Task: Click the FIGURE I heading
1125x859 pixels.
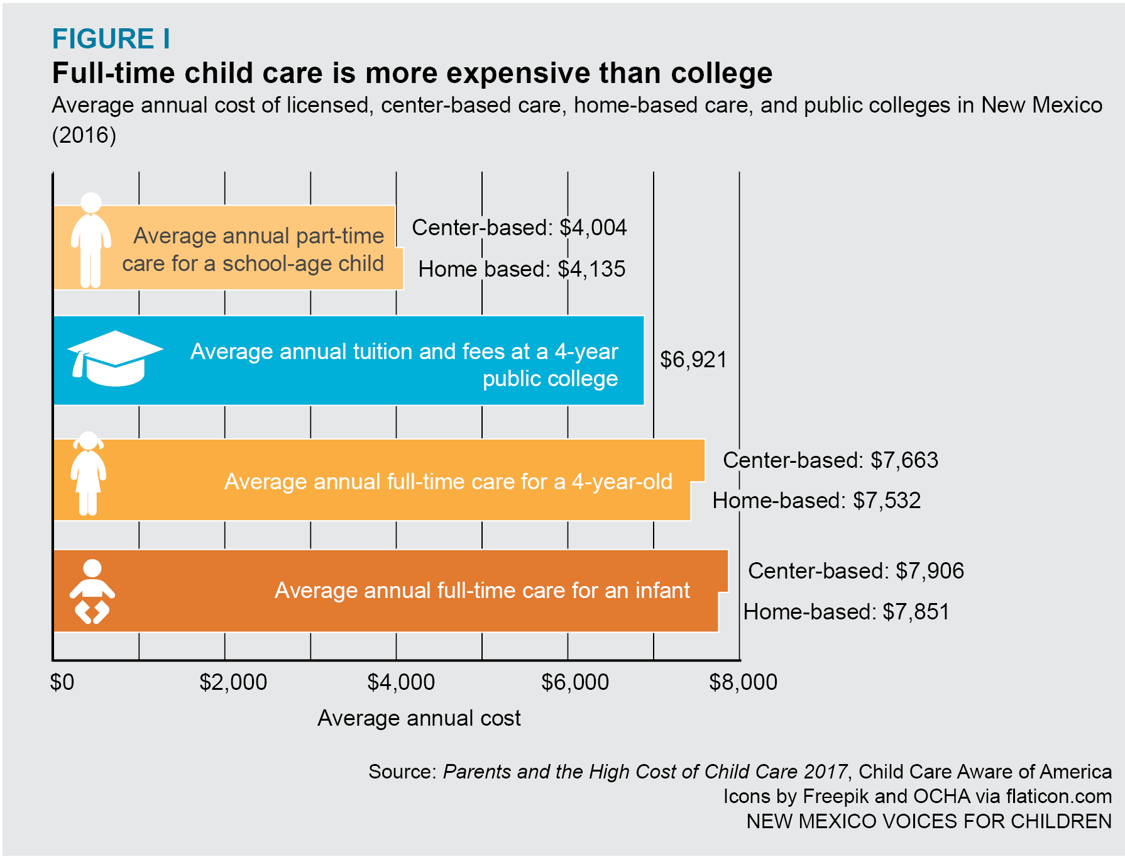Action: point(111,39)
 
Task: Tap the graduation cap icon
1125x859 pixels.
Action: point(114,358)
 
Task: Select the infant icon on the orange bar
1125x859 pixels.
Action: point(92,591)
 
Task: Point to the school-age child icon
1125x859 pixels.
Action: point(91,240)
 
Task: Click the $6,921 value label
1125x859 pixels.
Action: point(693,360)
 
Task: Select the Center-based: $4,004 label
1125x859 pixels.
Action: point(519,228)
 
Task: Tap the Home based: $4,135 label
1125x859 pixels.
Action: point(522,269)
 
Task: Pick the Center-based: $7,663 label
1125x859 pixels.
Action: point(830,460)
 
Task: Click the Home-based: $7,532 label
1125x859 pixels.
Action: point(816,501)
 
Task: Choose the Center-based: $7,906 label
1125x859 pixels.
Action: point(855,571)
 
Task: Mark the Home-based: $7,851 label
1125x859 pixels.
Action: point(846,612)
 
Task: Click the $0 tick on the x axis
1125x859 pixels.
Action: point(62,682)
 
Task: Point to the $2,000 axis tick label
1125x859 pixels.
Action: point(233,682)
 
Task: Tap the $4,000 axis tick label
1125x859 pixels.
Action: point(401,682)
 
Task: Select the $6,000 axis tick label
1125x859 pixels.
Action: point(575,682)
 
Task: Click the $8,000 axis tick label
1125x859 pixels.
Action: point(743,682)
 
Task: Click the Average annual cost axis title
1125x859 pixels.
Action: point(419,718)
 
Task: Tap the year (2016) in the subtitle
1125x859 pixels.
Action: point(84,135)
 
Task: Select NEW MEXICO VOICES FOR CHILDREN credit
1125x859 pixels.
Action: point(929,821)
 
